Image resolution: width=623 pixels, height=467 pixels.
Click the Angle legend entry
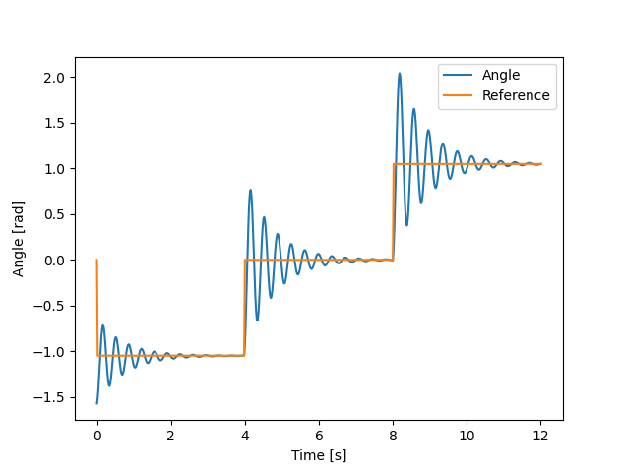tap(501, 75)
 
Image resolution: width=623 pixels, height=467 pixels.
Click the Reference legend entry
tap(516, 96)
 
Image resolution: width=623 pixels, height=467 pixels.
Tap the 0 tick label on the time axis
tap(97, 436)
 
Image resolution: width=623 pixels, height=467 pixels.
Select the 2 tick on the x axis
tap(171, 436)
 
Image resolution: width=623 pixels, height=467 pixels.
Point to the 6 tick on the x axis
tap(319, 436)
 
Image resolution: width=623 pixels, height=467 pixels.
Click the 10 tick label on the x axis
tap(467, 436)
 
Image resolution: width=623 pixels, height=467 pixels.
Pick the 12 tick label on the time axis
tap(540, 436)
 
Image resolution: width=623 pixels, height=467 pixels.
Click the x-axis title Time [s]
tap(319, 455)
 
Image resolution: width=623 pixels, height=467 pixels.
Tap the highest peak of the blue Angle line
tap(400, 74)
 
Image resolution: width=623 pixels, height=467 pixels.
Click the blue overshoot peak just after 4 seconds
tap(251, 191)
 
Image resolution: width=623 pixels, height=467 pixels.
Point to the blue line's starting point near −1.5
tap(97, 403)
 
